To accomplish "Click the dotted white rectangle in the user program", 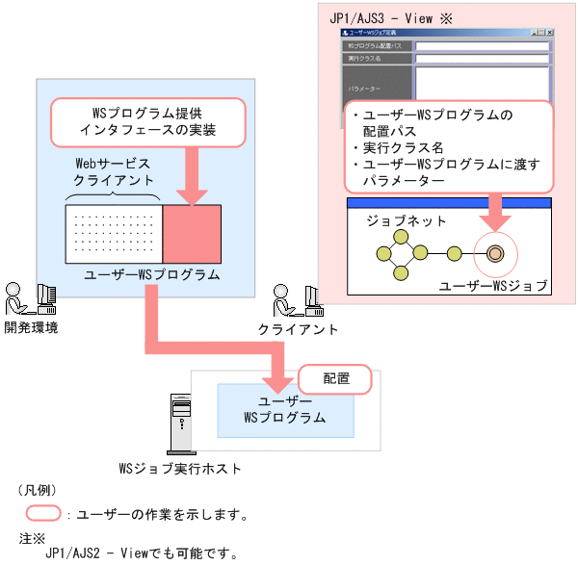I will (115, 234).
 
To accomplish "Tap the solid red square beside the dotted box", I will (193, 234).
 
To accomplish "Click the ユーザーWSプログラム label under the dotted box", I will (152, 275).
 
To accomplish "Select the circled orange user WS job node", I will (495, 254).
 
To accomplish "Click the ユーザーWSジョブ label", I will (492, 286).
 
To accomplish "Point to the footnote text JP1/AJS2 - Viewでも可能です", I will (141, 552).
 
